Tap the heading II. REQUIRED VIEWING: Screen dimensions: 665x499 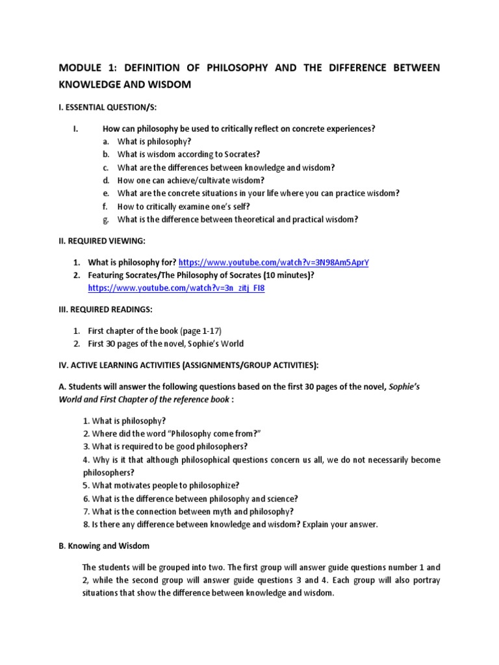[102, 241]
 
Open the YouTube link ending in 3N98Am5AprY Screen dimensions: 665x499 [277, 262]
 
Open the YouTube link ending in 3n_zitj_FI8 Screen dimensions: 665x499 [176, 288]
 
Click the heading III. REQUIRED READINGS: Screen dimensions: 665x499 [105, 309]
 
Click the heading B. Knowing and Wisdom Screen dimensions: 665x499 [104, 546]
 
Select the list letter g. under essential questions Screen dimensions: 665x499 [106, 220]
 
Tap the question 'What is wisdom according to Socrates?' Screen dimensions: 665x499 [188, 155]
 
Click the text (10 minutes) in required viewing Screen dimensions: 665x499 [284, 275]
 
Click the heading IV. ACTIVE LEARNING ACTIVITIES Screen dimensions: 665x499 [188, 364]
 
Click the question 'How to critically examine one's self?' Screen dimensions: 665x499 [183, 207]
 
